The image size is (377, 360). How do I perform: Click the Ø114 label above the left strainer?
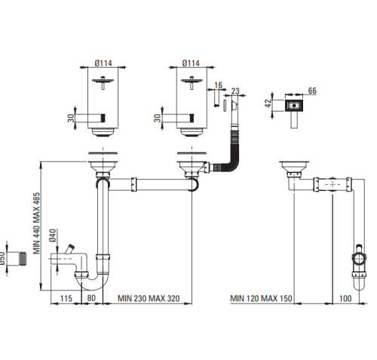point(103,63)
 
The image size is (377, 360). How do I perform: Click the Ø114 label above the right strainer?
point(191,63)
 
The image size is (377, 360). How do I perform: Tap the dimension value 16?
point(218,85)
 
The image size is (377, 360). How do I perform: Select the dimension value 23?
point(235,91)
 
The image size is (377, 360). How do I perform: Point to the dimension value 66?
point(312,91)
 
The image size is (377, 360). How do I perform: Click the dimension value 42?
point(268,103)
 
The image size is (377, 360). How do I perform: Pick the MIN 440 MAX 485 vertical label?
point(37,223)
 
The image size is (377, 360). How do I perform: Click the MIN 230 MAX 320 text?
point(149,298)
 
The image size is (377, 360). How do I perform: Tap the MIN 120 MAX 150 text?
point(261,298)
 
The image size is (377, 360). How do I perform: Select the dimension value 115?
point(66,298)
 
